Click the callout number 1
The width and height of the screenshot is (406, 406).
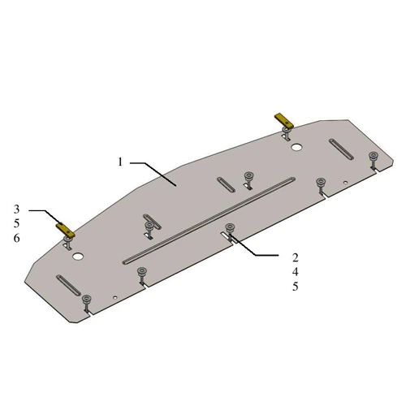[120, 162]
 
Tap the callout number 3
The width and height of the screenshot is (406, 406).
[16, 209]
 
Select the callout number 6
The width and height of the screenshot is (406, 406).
[16, 239]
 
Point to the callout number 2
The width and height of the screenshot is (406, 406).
[296, 257]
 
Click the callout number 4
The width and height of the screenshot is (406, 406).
[296, 272]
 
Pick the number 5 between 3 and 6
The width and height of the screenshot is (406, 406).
[16, 224]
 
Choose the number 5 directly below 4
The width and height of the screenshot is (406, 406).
[296, 287]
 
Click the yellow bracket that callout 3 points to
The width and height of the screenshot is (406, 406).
[65, 230]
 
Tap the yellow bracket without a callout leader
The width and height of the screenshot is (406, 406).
[284, 121]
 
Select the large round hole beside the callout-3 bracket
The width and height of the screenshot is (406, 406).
[78, 257]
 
